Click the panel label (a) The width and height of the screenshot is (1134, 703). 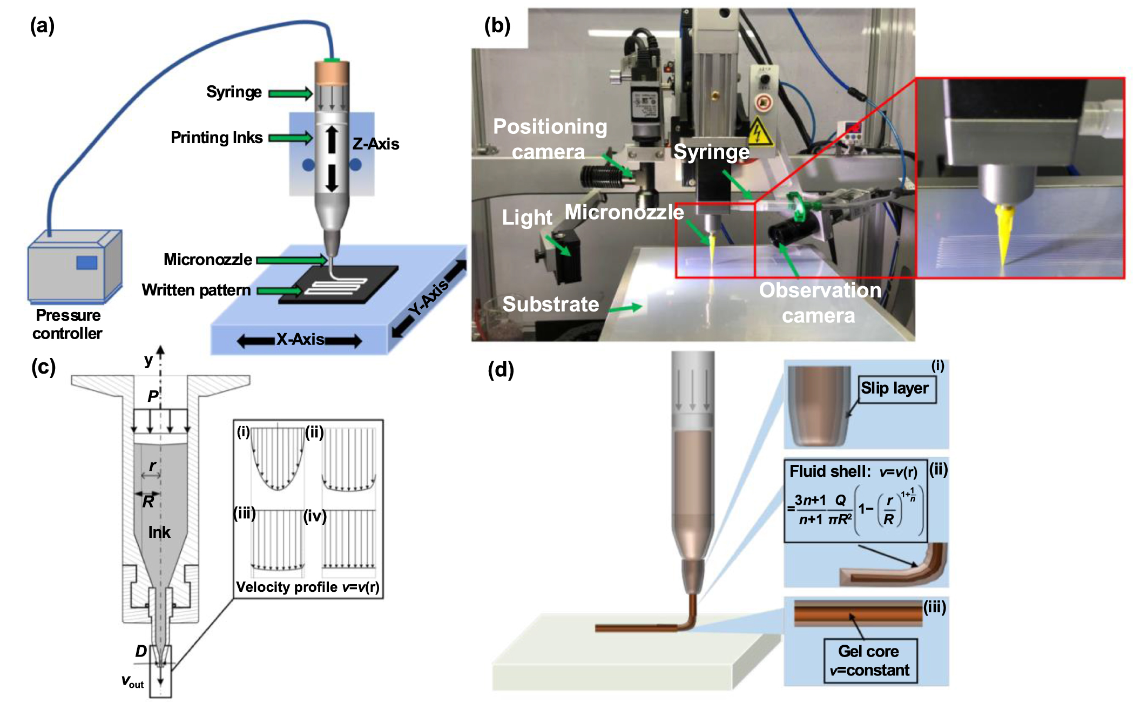[42, 26]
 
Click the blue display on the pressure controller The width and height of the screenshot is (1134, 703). [86, 262]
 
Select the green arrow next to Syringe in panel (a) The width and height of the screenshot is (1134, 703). [290, 93]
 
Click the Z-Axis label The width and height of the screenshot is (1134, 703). [376, 144]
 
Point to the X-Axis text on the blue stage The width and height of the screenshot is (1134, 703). [300, 340]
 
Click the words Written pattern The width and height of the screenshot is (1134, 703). [196, 290]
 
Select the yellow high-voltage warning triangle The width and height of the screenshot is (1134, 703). [760, 132]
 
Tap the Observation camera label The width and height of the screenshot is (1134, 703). [820, 302]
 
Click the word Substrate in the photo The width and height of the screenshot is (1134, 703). [550, 305]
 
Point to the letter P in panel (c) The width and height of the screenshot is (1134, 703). [153, 396]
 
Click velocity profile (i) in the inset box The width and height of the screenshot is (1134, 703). [278, 459]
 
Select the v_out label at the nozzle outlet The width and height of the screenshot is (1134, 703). [132, 681]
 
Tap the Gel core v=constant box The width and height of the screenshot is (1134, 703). [870, 661]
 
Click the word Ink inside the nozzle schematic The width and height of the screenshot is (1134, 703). [159, 532]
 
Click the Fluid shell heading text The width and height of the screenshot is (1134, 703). [829, 471]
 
